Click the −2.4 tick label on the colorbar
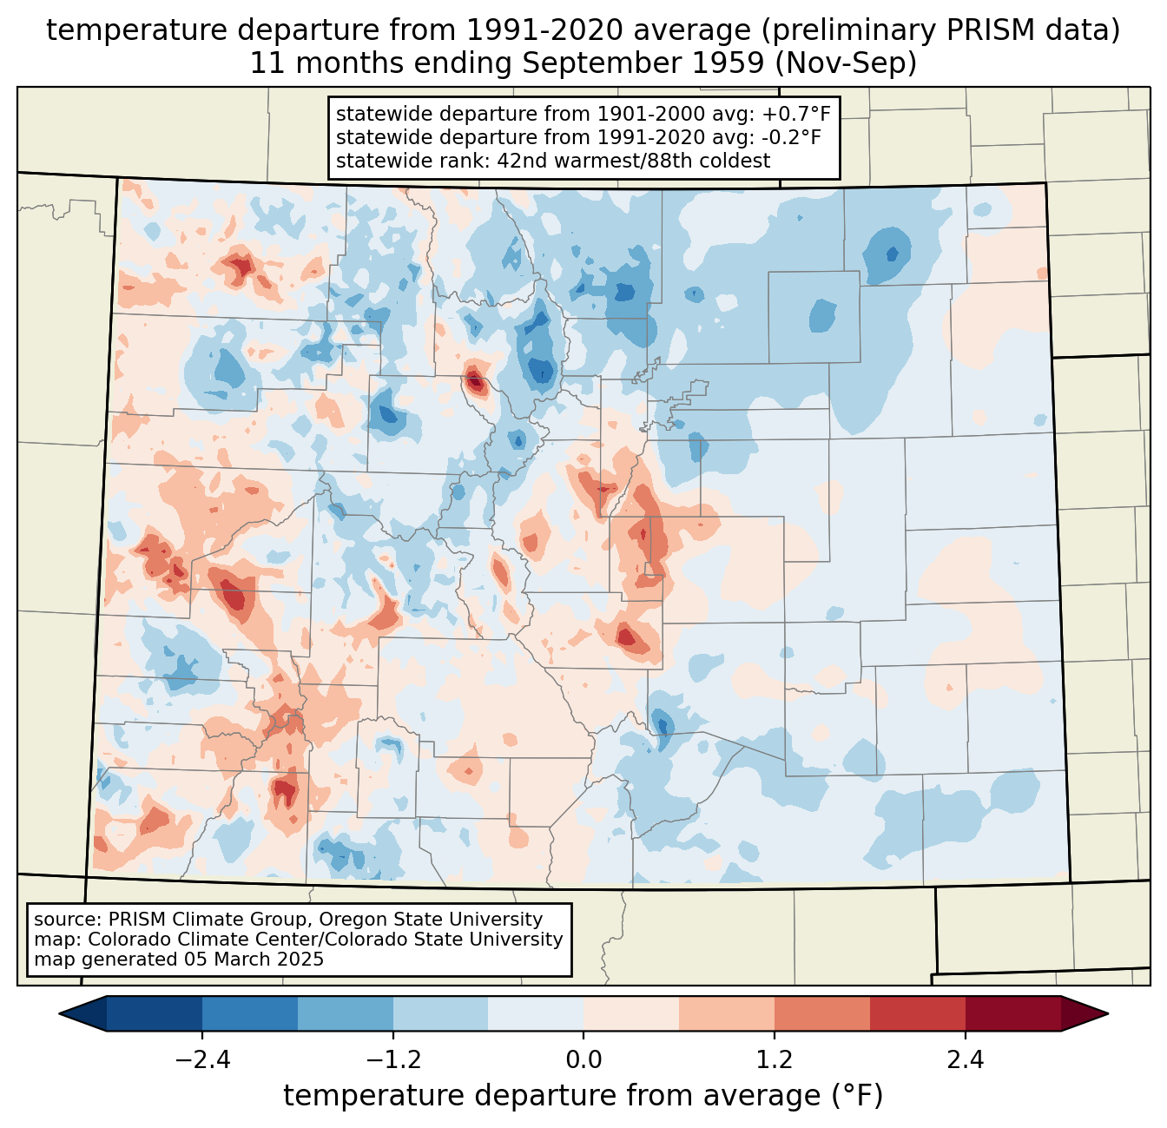click(202, 1060)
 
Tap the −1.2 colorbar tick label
click(393, 1060)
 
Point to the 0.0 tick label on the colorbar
click(583, 1060)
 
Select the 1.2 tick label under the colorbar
click(775, 1060)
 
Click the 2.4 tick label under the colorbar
click(965, 1060)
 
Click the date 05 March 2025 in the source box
click(253, 960)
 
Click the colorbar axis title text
click(583, 1096)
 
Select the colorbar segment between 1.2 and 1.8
click(822, 1013)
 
